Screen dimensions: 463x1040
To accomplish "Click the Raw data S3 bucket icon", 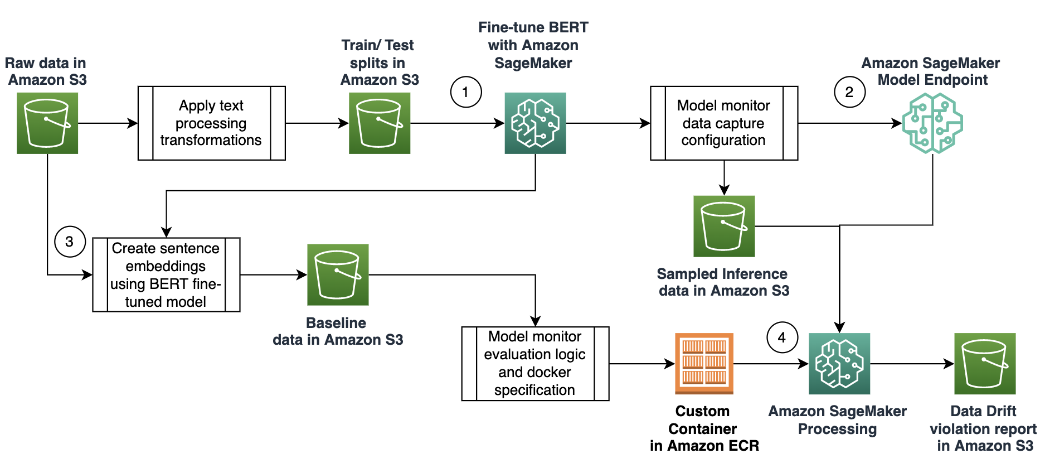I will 47,123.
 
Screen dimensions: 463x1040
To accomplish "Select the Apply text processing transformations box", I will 211,123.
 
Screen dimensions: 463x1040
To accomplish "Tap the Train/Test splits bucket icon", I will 380,123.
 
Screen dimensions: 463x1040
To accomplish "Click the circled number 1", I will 466,92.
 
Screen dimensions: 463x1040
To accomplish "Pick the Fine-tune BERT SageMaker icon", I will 535,123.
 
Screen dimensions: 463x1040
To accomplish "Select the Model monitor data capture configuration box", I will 723,123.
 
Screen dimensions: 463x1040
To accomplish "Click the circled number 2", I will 849,92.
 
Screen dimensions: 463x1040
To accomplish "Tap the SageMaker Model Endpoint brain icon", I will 932,123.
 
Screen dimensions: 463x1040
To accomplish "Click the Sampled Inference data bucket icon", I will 724,226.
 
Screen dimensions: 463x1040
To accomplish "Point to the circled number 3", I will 70,242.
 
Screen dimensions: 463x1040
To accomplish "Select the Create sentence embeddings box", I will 166,274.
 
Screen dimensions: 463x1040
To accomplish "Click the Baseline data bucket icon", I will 338,274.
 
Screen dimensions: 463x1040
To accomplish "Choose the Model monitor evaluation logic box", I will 535,364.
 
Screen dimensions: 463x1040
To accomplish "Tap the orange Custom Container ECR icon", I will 704,364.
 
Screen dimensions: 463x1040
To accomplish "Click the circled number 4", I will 782,337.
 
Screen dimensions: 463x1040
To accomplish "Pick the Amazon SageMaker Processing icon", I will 839,364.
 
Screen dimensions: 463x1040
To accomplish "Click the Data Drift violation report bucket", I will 985,364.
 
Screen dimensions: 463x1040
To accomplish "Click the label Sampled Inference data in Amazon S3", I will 723,282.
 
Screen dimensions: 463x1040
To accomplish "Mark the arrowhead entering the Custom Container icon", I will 670,364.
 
